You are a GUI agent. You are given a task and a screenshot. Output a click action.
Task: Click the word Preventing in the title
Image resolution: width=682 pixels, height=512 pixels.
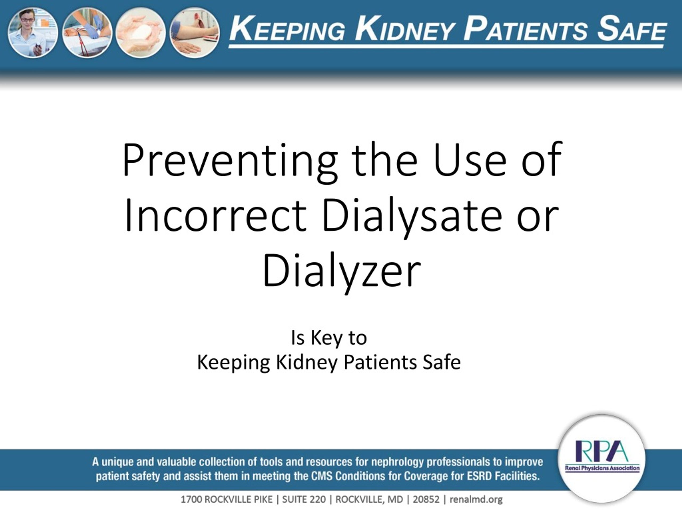pyautogui.click(x=230, y=162)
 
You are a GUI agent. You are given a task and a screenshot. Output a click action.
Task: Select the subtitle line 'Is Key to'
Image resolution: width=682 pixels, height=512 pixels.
pyautogui.click(x=329, y=338)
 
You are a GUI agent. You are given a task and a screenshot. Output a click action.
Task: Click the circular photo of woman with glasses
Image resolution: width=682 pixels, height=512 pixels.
pyautogui.click(x=33, y=33)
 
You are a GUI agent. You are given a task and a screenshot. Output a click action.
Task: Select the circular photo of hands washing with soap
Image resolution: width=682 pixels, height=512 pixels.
pyautogui.click(x=140, y=33)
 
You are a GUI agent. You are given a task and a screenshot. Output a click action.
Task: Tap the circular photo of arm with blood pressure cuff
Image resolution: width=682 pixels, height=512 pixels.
pyautogui.click(x=194, y=33)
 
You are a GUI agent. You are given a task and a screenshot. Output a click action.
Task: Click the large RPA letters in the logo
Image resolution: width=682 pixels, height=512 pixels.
pyautogui.click(x=602, y=451)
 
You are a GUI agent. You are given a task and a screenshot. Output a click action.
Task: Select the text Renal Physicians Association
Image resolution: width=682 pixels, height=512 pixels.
pyautogui.click(x=602, y=468)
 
